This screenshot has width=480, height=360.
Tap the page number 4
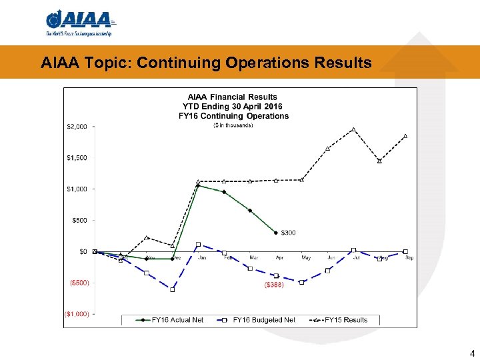point(472,353)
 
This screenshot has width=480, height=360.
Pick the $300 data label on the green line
point(288,233)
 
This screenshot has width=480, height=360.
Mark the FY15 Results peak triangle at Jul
point(353,129)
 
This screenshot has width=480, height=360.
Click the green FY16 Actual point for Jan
point(198,186)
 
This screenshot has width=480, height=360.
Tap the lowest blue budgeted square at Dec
point(172,289)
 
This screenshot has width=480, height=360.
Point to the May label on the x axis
point(306,258)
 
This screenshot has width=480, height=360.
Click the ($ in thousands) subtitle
point(233,125)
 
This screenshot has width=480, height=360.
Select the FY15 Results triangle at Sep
point(405,136)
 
